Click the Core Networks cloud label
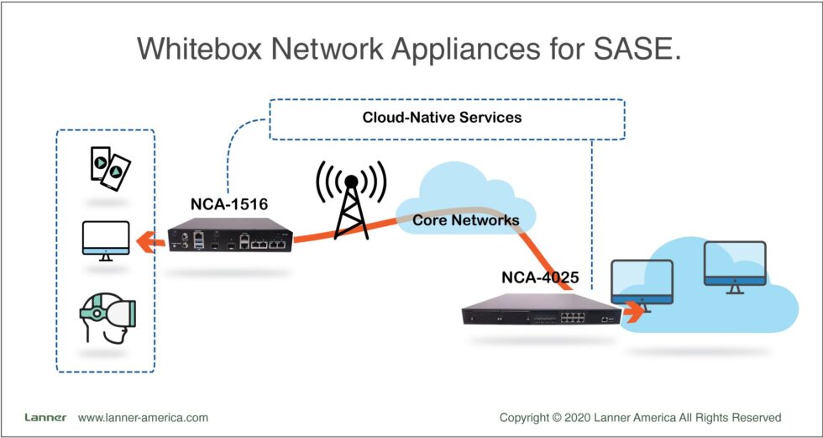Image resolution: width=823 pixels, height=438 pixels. [x=465, y=220]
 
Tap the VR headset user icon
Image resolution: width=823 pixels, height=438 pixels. [x=107, y=317]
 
